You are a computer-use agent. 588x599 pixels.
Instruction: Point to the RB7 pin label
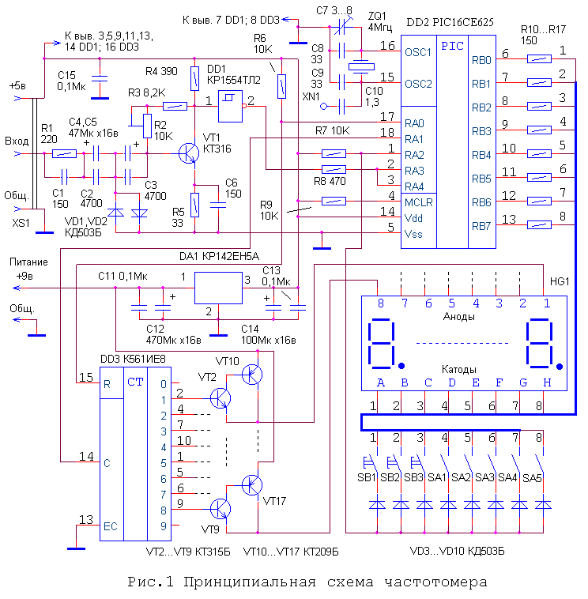point(481,227)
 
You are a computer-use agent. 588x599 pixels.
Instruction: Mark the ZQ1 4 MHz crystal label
point(378,21)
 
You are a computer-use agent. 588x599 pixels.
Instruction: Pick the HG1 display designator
point(559,282)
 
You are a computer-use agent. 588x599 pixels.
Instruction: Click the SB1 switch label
point(368,477)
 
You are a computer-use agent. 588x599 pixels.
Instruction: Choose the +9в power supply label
point(18,277)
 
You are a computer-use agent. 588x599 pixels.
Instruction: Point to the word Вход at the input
point(16,141)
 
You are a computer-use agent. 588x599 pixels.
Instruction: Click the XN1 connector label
point(311,96)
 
